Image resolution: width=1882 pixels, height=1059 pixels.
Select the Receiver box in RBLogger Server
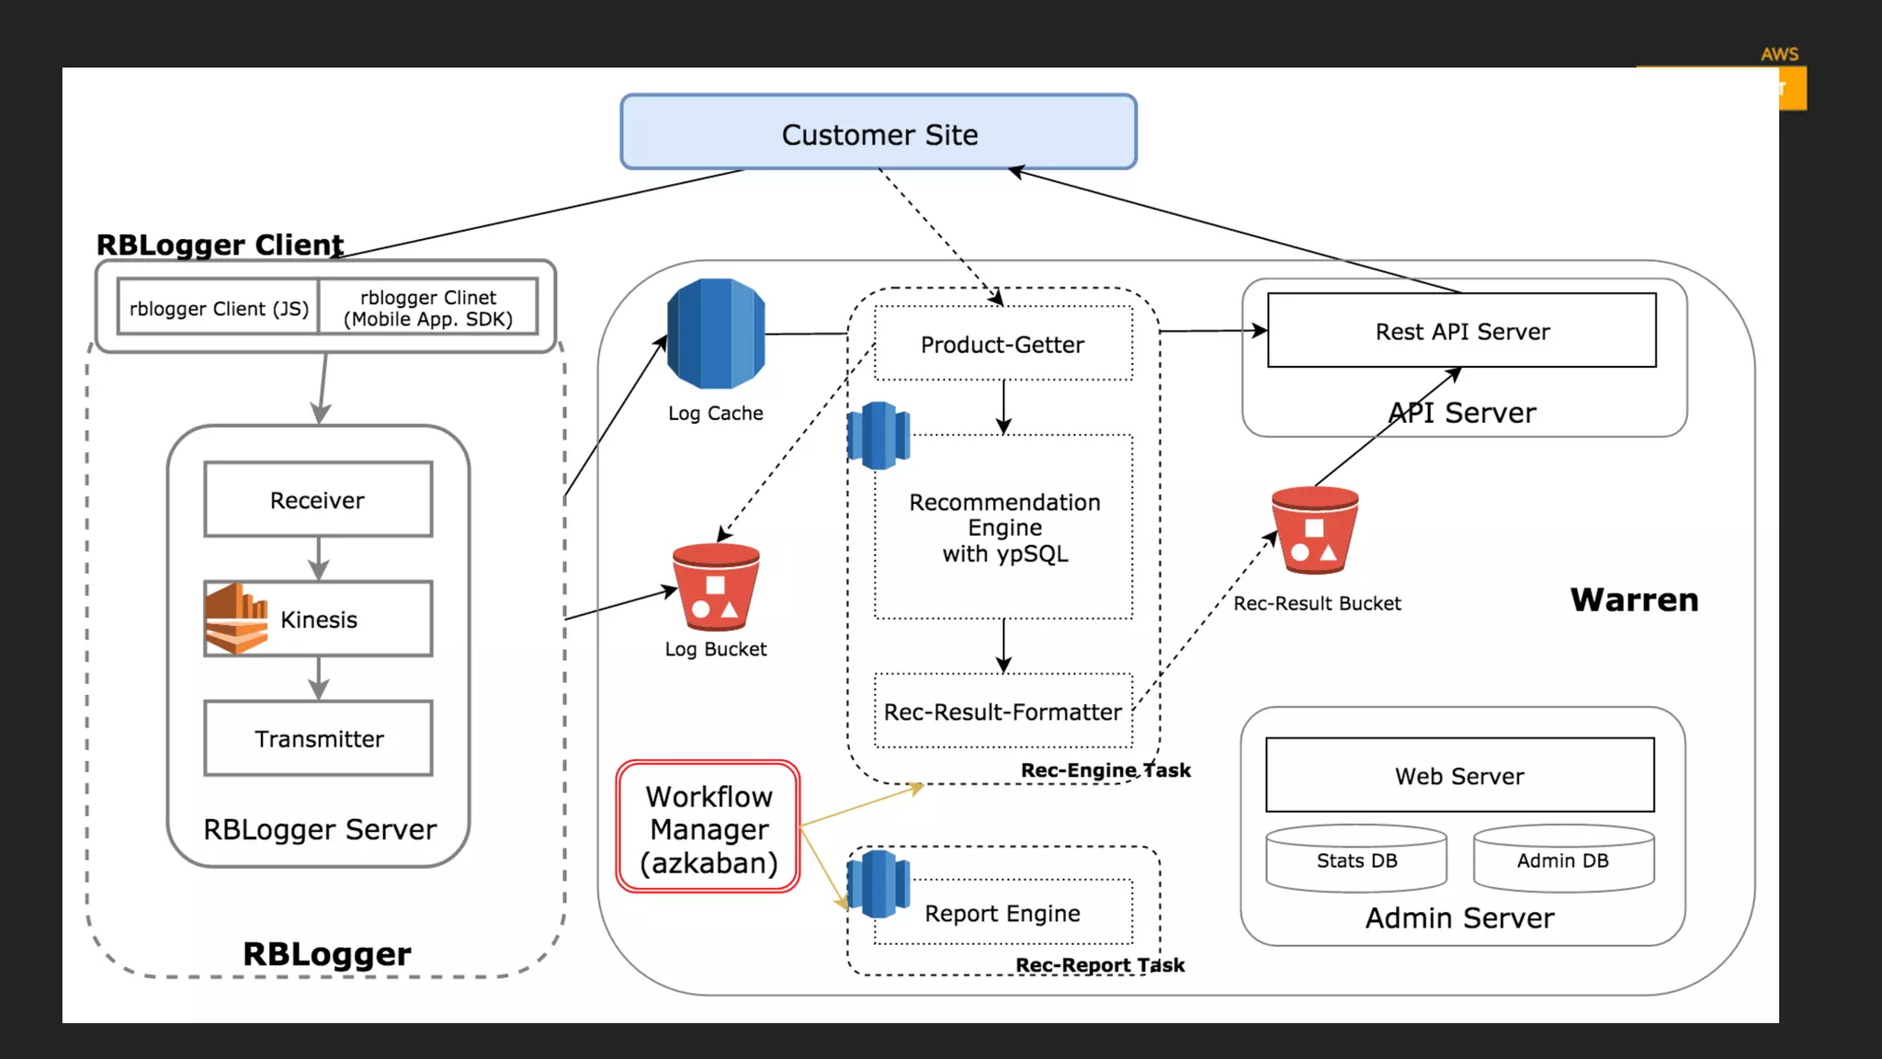point(318,499)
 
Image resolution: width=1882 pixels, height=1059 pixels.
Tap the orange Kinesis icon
point(236,619)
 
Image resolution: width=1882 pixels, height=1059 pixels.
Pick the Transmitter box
point(318,738)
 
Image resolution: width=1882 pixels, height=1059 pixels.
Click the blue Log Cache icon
point(716,334)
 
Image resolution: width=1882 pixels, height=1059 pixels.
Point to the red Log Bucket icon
point(716,586)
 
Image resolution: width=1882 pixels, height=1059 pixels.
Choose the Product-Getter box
point(1003,344)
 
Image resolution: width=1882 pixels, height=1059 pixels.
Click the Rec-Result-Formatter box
point(1003,711)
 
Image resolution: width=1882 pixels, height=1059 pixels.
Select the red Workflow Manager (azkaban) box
point(708,826)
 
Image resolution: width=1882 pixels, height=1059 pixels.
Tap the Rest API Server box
point(1461,331)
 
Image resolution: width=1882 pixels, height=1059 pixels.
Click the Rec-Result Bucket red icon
point(1314,530)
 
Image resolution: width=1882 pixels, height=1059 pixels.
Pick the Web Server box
point(1459,775)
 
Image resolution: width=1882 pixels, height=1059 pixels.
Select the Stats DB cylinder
point(1356,860)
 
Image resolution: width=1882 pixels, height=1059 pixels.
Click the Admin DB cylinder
point(1563,860)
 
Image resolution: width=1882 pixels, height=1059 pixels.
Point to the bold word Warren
point(1634,599)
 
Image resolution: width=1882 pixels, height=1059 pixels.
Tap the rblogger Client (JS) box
point(219,308)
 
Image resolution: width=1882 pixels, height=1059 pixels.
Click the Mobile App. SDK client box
point(428,308)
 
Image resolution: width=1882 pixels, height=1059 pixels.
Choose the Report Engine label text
point(1003,913)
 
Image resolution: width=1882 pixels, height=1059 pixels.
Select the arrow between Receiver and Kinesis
point(318,558)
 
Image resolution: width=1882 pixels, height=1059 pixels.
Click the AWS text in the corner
point(1779,54)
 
